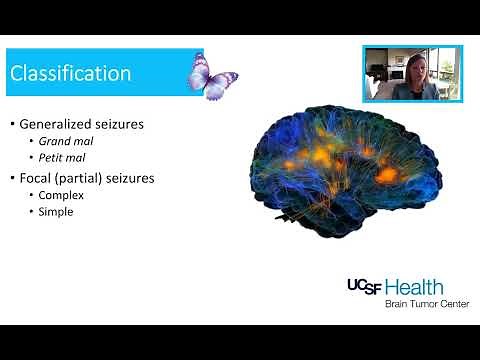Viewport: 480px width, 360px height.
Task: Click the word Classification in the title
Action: (x=70, y=73)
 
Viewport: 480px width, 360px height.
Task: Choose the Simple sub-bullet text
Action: (x=56, y=211)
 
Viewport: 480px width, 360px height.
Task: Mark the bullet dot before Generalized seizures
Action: (x=13, y=124)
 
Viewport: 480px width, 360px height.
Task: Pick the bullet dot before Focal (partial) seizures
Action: (x=13, y=179)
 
